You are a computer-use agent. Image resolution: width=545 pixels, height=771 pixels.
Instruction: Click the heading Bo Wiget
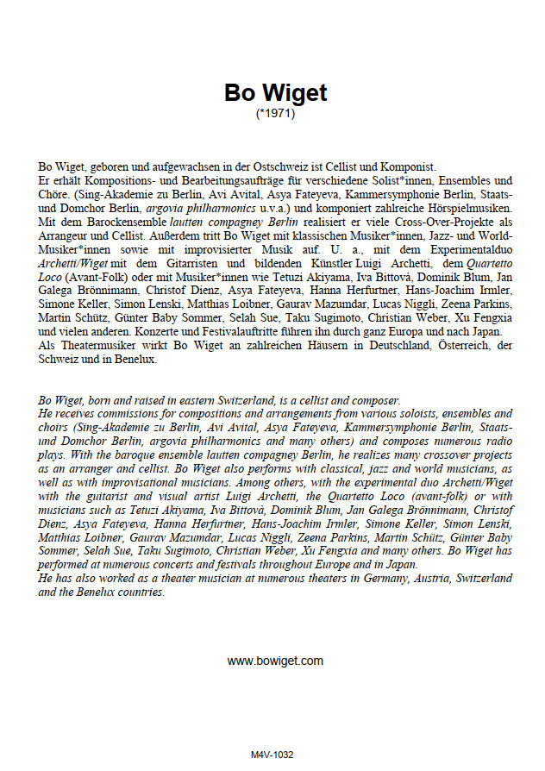point(275,92)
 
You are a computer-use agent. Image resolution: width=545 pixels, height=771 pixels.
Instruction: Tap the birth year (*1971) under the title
point(275,113)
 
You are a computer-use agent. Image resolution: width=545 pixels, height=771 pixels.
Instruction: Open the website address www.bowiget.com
point(275,661)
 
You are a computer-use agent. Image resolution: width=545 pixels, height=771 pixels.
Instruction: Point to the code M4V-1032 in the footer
point(272,755)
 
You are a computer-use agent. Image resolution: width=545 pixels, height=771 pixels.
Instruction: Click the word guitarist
point(135,498)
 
